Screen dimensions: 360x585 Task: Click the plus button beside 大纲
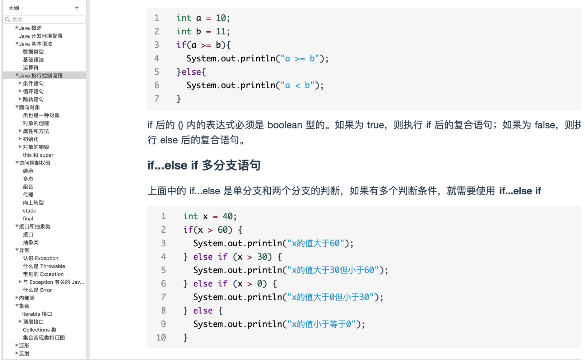coord(77,8)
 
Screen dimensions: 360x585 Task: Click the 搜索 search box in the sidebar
coord(45,19)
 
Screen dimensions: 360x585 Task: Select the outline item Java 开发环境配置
coord(41,36)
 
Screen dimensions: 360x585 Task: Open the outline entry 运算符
coord(31,68)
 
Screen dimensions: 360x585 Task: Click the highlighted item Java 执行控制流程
coord(41,75)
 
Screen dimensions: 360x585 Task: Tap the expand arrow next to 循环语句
coord(20,91)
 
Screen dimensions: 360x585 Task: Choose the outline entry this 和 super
coord(38,155)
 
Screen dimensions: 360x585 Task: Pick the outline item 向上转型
coord(33,203)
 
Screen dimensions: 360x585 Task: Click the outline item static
coord(30,211)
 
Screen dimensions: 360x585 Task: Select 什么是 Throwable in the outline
coord(44,266)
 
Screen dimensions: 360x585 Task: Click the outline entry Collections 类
coord(39,330)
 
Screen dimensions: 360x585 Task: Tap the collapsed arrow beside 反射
coord(17,353)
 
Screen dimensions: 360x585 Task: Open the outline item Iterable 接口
coord(37,314)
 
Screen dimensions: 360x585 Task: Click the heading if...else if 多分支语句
coord(204,165)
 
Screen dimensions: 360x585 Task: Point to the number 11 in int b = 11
coord(221,31)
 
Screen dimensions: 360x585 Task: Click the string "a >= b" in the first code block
coord(299,59)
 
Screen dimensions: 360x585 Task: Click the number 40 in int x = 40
coord(227,216)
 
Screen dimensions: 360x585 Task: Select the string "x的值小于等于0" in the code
coord(321,324)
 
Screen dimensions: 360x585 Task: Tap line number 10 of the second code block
coord(161,338)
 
